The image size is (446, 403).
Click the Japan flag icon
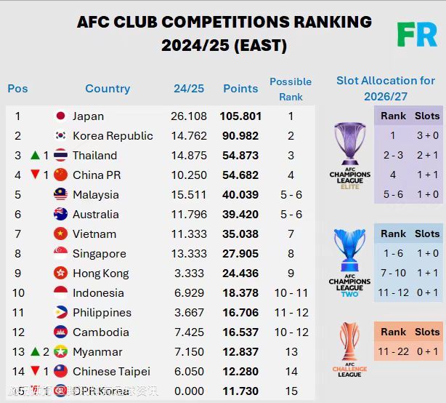tap(61, 116)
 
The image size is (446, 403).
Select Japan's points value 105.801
tap(240, 116)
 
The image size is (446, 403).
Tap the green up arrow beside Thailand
tap(35, 155)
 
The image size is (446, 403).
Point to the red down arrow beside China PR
tap(35, 175)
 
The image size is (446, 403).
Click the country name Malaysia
tap(95, 194)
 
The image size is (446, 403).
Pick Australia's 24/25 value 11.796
tap(189, 214)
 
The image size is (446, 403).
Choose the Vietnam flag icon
tap(61, 234)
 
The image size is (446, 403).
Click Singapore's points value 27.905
tap(240, 253)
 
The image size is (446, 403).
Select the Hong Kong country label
tap(100, 273)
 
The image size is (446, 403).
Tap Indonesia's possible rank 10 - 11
tap(291, 292)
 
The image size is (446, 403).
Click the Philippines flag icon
tap(61, 312)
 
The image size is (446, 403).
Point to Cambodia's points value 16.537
tap(240, 332)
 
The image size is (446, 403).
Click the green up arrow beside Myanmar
tap(35, 351)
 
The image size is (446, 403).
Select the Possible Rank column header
tap(291, 89)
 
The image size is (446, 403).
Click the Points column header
tap(240, 89)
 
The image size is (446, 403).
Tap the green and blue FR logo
tap(416, 34)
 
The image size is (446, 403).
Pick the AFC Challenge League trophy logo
tap(349, 349)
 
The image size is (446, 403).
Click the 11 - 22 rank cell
tap(393, 351)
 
